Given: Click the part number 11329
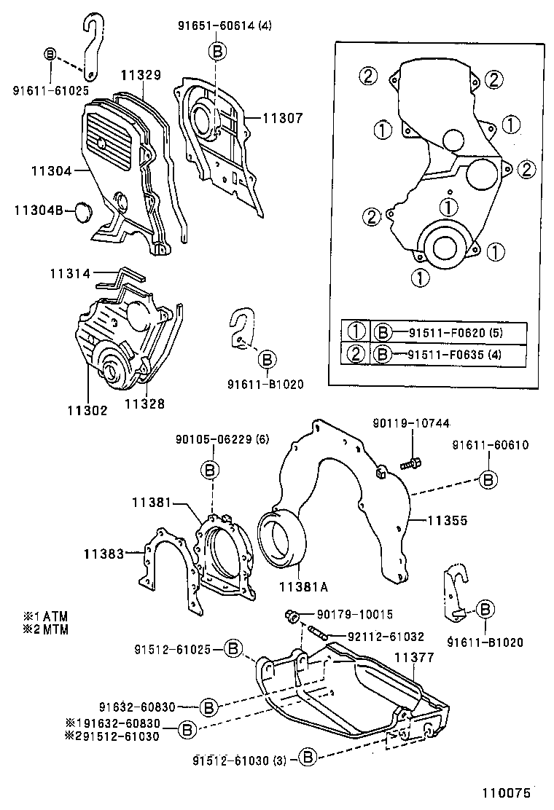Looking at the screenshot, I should click(141, 74).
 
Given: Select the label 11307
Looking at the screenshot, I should click(281, 117).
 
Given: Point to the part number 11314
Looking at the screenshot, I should click(70, 274).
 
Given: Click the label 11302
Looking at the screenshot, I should click(87, 410).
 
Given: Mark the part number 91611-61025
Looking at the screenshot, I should click(50, 90).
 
